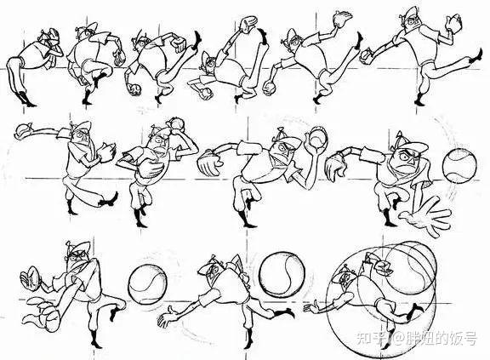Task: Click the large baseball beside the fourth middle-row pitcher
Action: pos(459,166)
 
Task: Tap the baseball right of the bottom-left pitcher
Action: pos(147,284)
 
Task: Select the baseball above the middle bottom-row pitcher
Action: pos(282,273)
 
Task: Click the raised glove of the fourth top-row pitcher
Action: pos(248,25)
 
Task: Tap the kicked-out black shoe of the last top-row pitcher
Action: pos(477,55)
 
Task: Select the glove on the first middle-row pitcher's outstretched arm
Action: pos(23,129)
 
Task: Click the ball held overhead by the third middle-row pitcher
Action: pos(317,136)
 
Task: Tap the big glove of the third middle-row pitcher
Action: pos(210,162)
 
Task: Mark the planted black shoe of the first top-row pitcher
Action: pos(26,100)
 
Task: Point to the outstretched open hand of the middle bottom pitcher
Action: pos(168,317)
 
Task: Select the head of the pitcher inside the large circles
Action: pos(344,277)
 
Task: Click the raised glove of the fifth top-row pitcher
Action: pos(343,20)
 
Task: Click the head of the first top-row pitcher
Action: pos(48,37)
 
